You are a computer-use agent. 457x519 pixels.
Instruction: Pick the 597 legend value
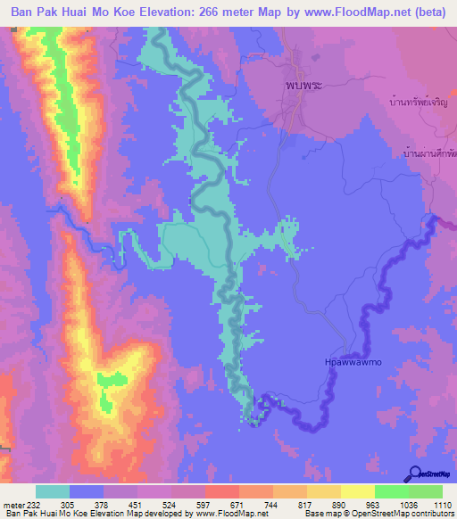(203, 504)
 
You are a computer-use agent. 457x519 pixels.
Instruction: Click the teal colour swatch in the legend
(53, 491)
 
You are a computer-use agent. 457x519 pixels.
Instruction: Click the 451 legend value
(137, 504)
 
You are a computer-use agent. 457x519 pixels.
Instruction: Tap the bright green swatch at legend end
(426, 491)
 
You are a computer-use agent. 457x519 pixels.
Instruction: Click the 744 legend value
(269, 504)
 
